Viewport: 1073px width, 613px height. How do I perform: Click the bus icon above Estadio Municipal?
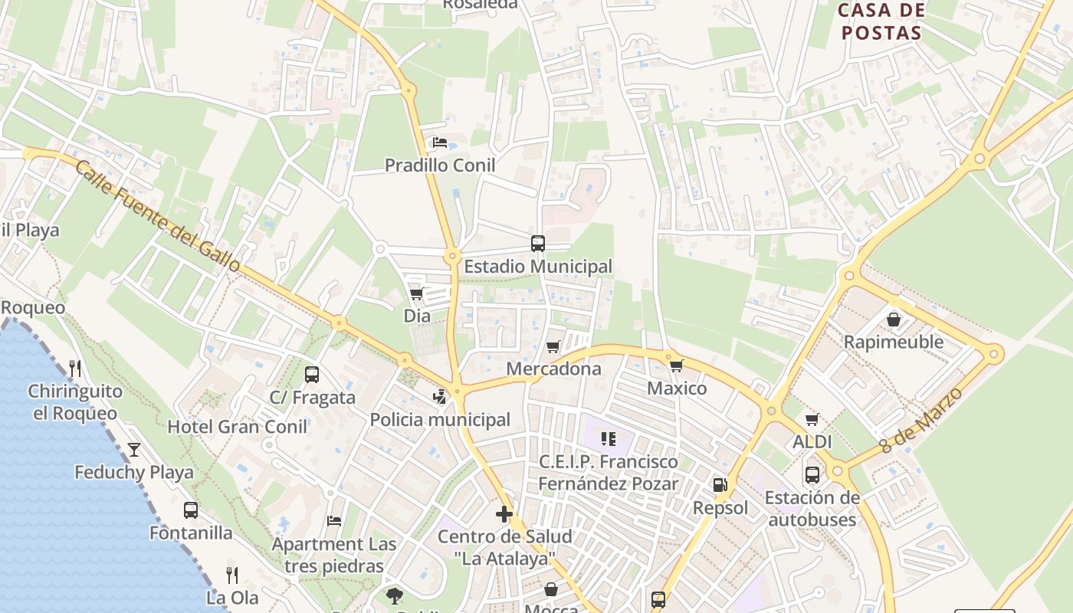tap(538, 244)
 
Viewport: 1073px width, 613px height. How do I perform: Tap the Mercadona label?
tap(554, 369)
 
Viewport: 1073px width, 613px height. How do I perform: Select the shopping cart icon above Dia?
tap(417, 293)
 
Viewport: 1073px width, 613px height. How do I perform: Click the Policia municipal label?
tap(440, 419)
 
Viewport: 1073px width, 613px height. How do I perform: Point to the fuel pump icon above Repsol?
tap(720, 484)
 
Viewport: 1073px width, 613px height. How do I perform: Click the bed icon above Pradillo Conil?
tap(440, 143)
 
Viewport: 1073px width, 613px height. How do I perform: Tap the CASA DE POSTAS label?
tap(880, 21)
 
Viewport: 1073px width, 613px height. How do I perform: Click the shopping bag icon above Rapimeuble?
tap(894, 319)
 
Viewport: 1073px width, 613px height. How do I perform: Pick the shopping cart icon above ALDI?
tap(812, 419)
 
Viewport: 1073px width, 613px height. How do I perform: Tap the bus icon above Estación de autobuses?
tap(812, 474)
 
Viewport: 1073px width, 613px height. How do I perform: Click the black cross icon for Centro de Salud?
tap(504, 513)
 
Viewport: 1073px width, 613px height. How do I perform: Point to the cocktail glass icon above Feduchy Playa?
tap(134, 449)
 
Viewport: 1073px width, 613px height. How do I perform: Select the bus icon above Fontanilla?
tap(191, 510)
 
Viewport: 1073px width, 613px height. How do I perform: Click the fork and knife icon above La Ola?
tap(232, 575)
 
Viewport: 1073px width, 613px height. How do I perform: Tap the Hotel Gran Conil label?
tap(238, 426)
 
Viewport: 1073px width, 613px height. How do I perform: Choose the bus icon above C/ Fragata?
tap(312, 375)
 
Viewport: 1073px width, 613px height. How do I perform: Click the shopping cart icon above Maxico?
tap(676, 366)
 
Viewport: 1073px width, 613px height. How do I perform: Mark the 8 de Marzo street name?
tap(921, 421)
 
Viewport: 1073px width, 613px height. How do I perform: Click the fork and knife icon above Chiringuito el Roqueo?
tap(75, 369)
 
